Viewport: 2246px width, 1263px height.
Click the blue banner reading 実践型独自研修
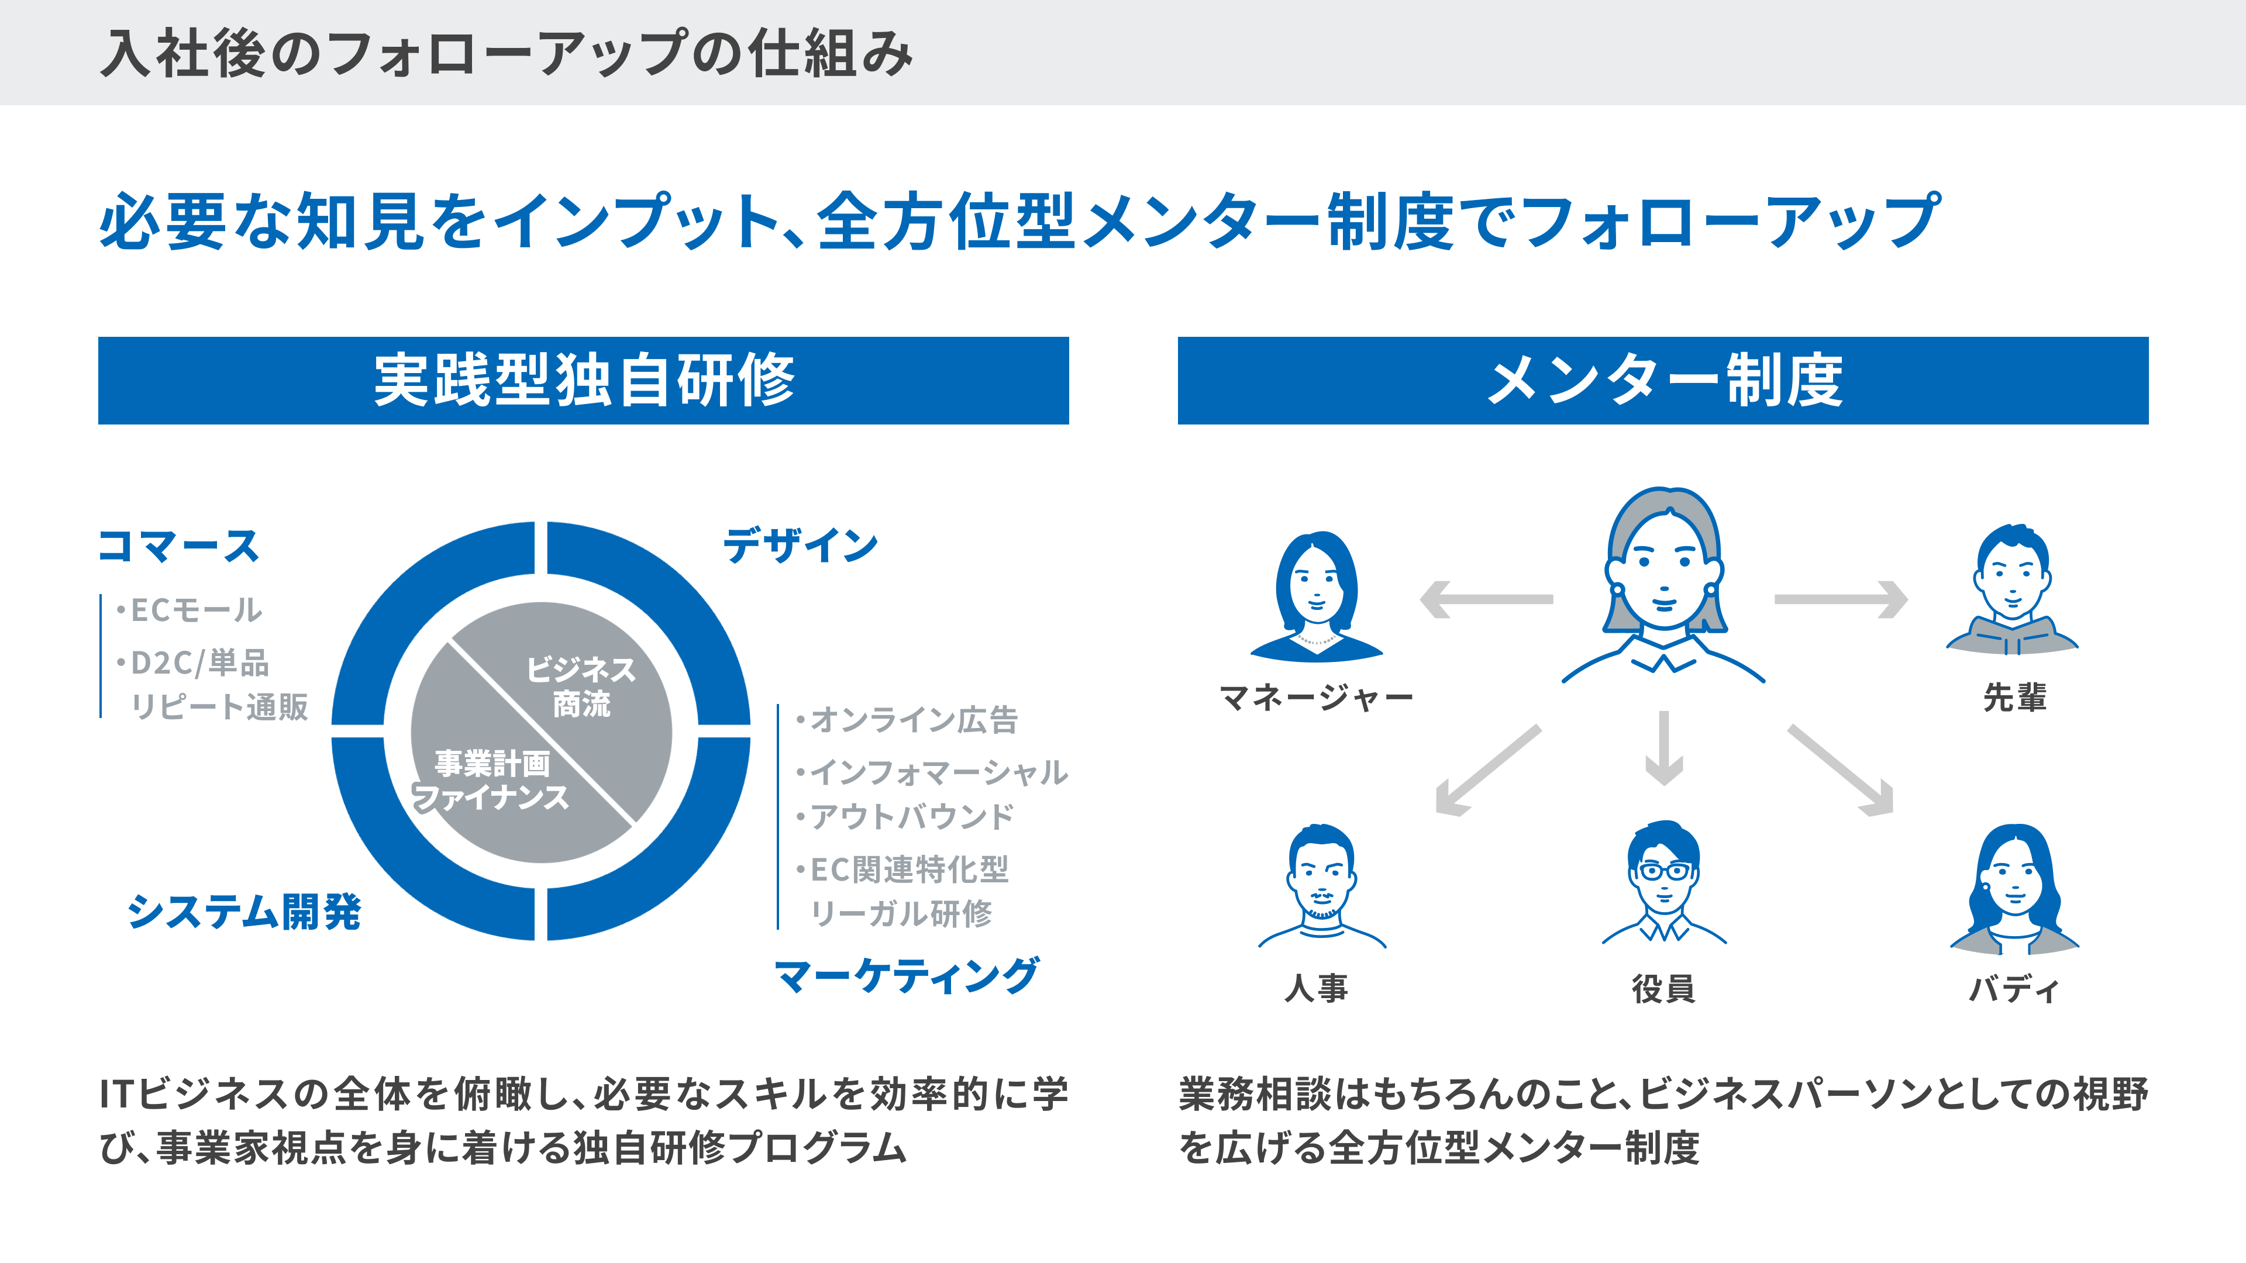pos(583,381)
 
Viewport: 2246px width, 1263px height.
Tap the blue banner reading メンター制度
pos(1663,381)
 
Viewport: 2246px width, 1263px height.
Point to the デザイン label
pos(800,546)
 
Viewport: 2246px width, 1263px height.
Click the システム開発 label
pos(244,912)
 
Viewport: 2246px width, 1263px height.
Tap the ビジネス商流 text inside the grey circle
pos(581,686)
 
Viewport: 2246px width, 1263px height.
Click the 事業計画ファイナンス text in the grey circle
pos(491,780)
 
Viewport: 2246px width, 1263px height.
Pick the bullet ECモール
pos(189,610)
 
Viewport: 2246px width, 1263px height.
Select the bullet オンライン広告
pos(907,720)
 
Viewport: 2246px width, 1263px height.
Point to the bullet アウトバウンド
pos(905,817)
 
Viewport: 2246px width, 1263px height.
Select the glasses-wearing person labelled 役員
pos(1663,882)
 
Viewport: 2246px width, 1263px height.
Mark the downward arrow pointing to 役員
pos(1663,748)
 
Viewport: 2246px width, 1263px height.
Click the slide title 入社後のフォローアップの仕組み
pos(507,53)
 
